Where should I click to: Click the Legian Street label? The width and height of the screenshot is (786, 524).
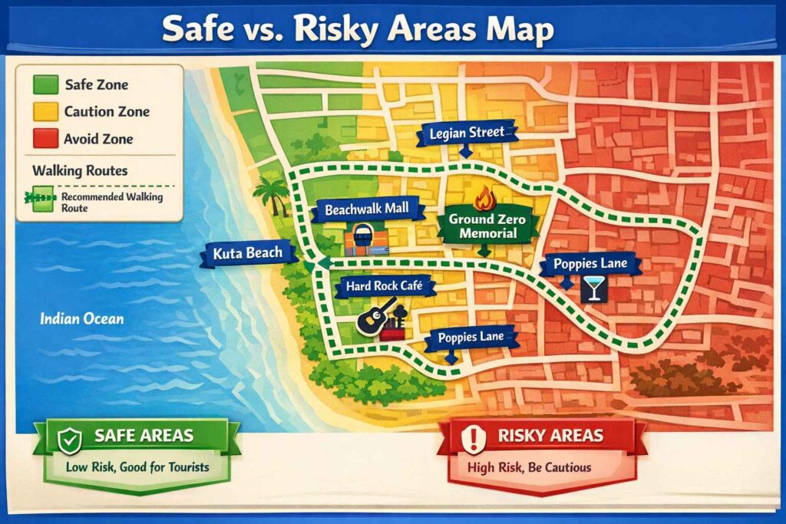point(467,133)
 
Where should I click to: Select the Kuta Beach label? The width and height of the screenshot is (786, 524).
point(243,253)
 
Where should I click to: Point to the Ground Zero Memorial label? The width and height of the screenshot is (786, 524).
point(487,226)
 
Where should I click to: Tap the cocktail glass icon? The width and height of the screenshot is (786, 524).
point(593,288)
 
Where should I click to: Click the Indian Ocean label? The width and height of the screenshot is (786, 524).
point(81,318)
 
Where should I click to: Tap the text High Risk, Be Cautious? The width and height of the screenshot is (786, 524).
point(529,466)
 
